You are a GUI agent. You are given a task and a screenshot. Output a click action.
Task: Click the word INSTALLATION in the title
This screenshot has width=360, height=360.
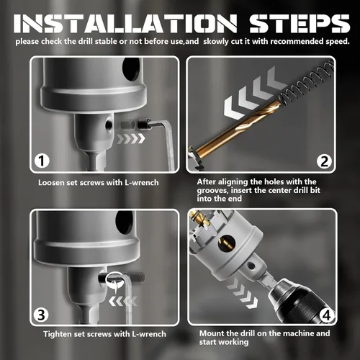[x=125, y=24]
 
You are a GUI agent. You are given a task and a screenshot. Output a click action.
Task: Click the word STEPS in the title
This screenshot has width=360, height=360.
[x=300, y=24]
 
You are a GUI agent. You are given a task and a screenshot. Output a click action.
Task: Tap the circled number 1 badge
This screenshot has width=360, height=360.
[x=42, y=161]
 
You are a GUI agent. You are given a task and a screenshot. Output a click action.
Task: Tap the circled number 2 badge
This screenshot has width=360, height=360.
[x=324, y=161]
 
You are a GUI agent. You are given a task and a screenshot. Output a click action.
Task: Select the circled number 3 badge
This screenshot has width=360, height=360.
[x=41, y=314]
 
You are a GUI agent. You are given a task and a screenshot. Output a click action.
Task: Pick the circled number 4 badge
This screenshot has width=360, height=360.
[x=327, y=315]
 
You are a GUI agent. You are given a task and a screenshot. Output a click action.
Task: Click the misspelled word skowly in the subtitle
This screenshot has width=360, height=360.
[x=216, y=42]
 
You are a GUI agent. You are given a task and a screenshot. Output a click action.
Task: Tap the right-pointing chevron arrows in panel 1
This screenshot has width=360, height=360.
[x=131, y=139]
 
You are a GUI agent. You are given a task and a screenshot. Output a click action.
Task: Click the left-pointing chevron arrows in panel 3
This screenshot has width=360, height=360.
[x=123, y=302]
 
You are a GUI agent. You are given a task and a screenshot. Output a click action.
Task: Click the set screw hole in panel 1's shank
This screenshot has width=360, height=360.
[x=109, y=125]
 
